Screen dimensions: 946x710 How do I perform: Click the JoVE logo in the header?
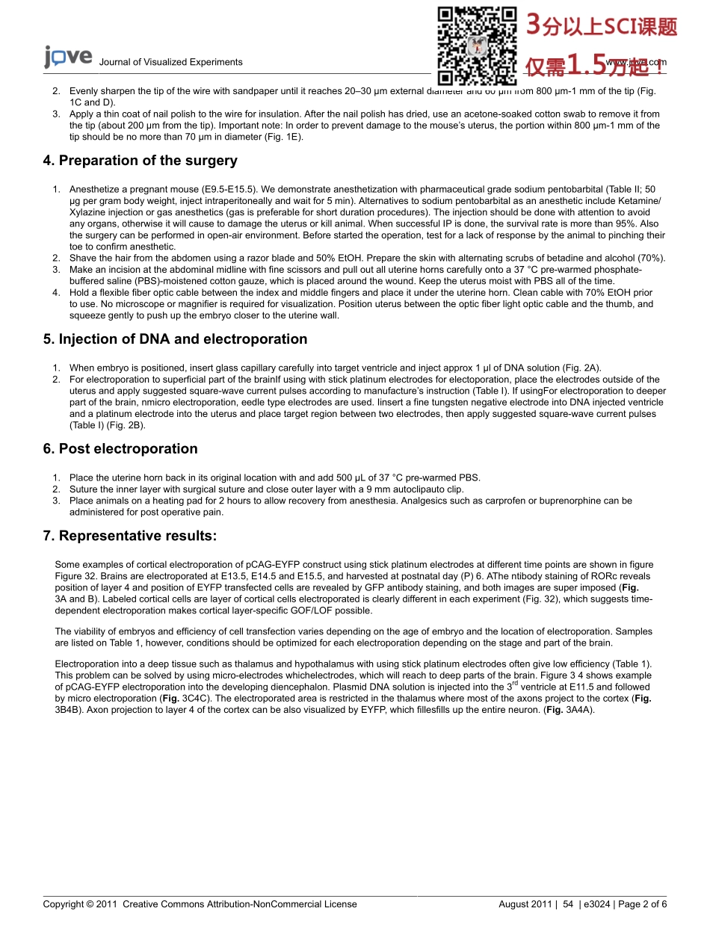pyautogui.click(x=68, y=58)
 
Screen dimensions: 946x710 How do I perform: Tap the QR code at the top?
pyautogui.click(x=477, y=45)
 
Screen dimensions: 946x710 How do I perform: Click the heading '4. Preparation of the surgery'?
pyautogui.click(x=141, y=161)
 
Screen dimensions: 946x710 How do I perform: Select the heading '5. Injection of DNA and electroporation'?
pyautogui.click(x=175, y=339)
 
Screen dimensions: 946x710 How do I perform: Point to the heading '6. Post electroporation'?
pyautogui.click(x=120, y=449)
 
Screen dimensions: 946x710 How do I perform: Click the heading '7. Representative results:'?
pyautogui.click(x=130, y=536)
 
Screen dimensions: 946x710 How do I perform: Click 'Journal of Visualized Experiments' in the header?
pyautogui.click(x=170, y=62)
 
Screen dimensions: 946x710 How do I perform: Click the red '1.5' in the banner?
pyautogui.click(x=587, y=66)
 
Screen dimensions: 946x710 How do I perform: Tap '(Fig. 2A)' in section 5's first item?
pyautogui.click(x=581, y=368)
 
